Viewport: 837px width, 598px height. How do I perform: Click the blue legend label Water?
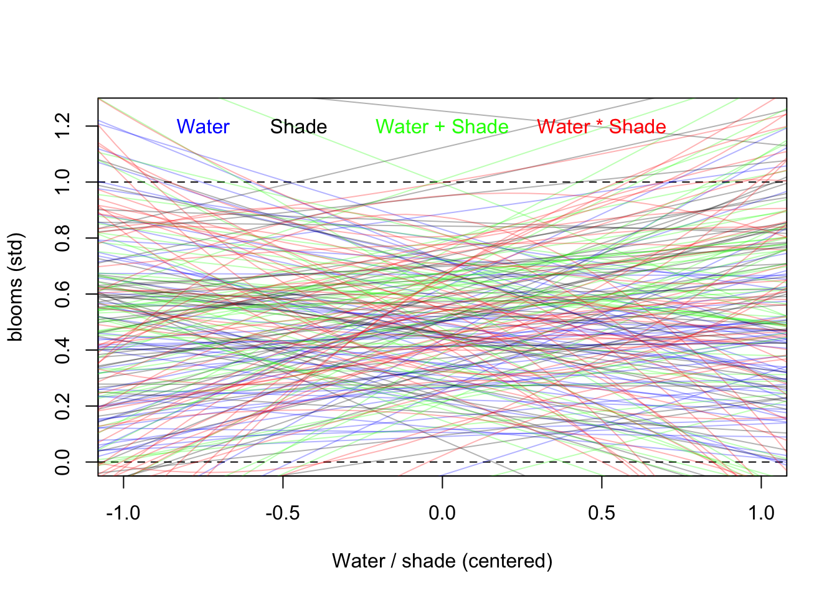203,127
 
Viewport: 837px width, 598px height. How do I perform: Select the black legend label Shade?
298,127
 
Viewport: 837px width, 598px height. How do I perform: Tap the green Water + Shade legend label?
442,127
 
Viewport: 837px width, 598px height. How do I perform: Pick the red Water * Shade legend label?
602,127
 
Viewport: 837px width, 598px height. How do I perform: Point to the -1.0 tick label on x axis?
123,513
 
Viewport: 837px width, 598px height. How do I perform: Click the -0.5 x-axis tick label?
283,513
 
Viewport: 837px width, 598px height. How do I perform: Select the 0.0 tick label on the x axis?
442,513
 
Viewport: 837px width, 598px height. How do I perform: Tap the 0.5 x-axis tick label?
602,513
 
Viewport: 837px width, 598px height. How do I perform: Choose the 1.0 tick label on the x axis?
761,513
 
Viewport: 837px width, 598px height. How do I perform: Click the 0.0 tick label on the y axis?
62,462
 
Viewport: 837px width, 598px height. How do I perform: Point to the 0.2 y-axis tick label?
62,406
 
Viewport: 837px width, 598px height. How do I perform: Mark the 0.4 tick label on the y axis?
62,350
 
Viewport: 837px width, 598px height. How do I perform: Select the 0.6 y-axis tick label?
62,294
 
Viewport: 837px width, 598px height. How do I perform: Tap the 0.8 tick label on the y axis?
62,238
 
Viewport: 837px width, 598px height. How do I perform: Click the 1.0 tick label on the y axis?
62,182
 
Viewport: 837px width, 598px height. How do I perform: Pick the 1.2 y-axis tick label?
62,126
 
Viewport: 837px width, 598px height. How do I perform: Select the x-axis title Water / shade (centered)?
442,561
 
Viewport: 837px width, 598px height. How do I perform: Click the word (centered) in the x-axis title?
507,561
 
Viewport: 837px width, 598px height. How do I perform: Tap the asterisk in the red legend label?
600,125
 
